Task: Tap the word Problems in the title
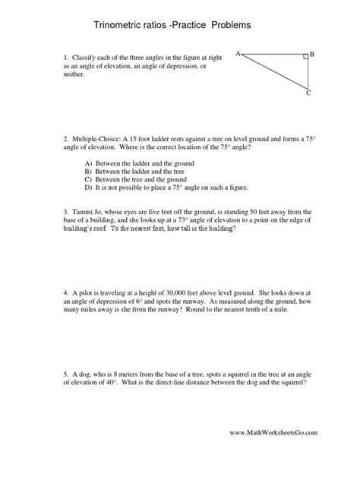click(226, 25)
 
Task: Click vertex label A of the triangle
click(238, 53)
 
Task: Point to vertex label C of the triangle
click(308, 94)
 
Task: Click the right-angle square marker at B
click(305, 56)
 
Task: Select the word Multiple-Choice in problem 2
click(99, 139)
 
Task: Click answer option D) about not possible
click(156, 187)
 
